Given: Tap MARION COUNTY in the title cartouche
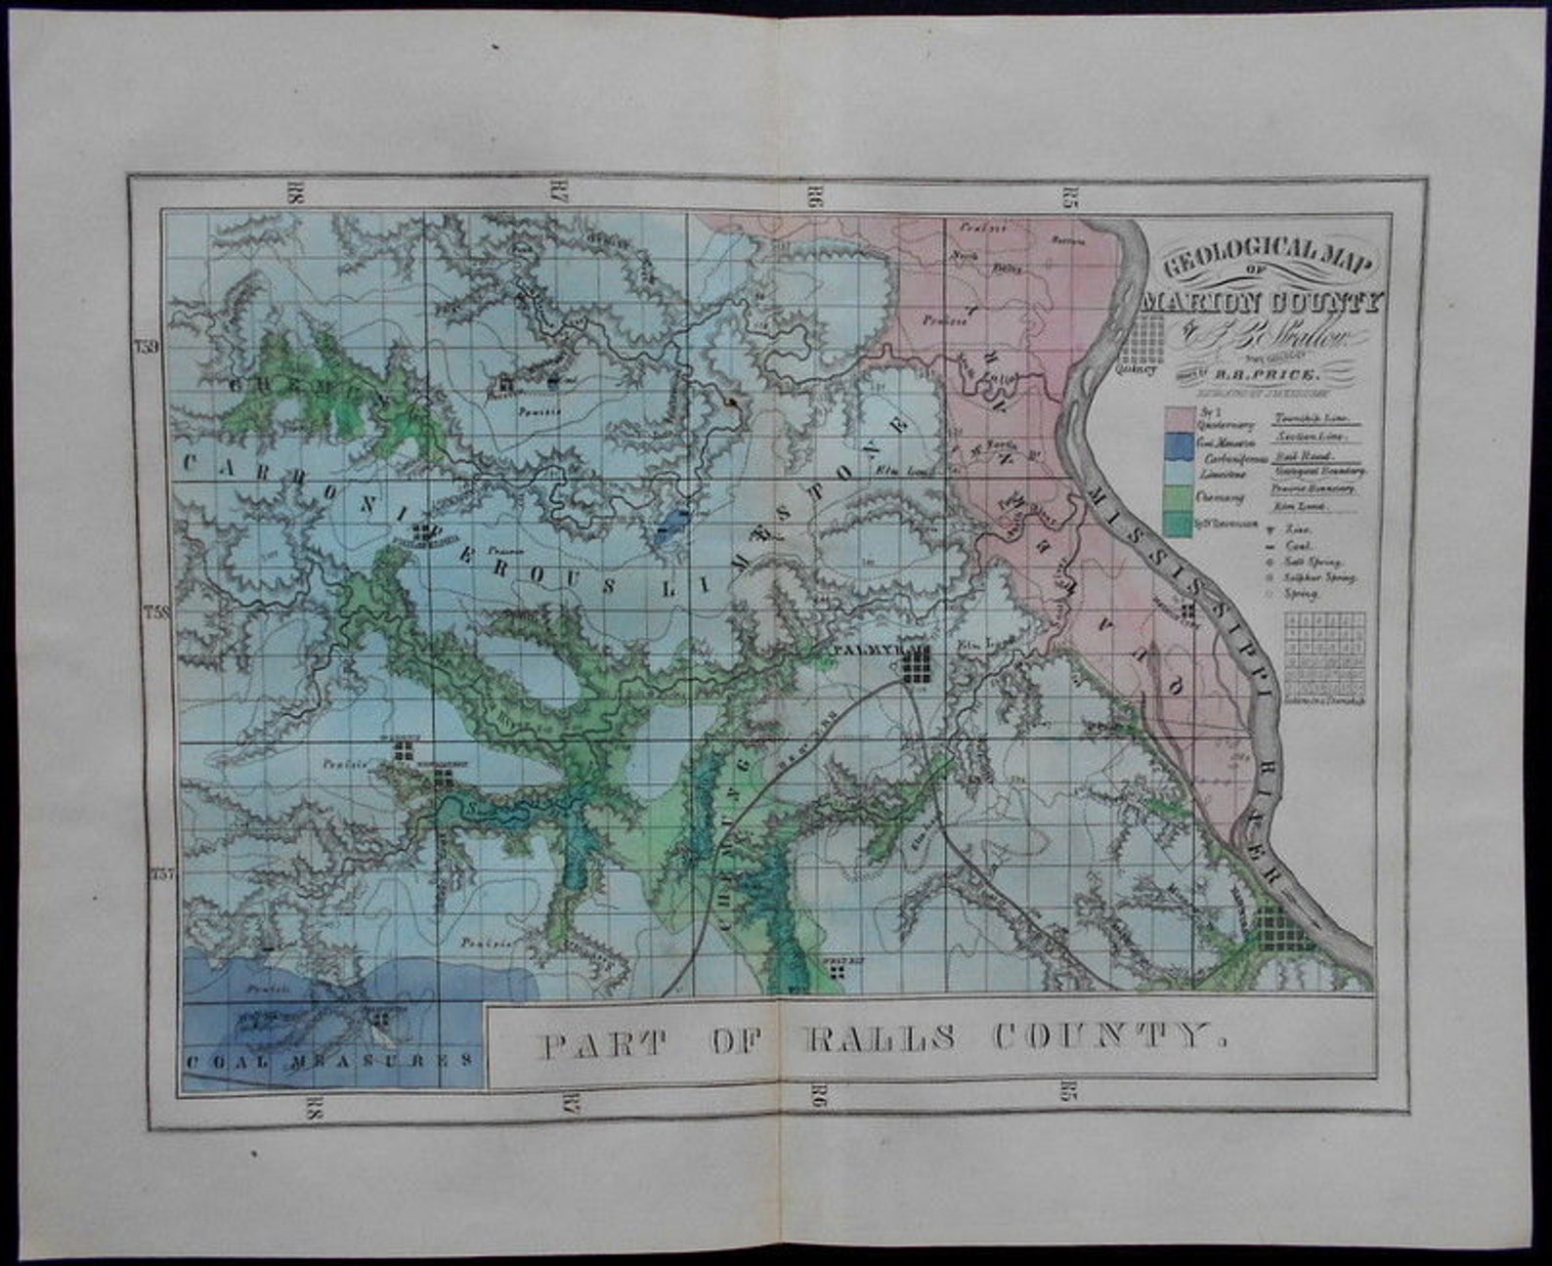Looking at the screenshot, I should pyautogui.click(x=1263, y=301).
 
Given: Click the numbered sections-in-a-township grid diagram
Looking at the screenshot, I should pyautogui.click(x=1325, y=653).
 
